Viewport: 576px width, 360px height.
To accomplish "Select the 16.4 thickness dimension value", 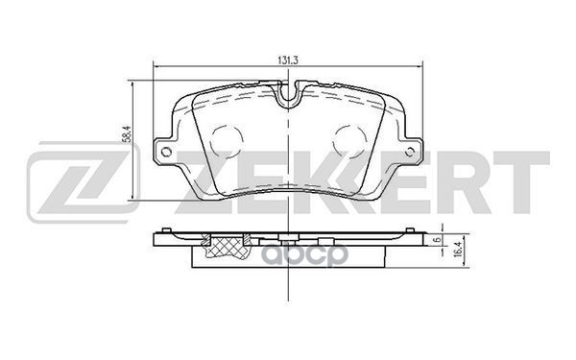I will [x=462, y=251].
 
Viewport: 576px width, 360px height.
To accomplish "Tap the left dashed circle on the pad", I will [x=228, y=140].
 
